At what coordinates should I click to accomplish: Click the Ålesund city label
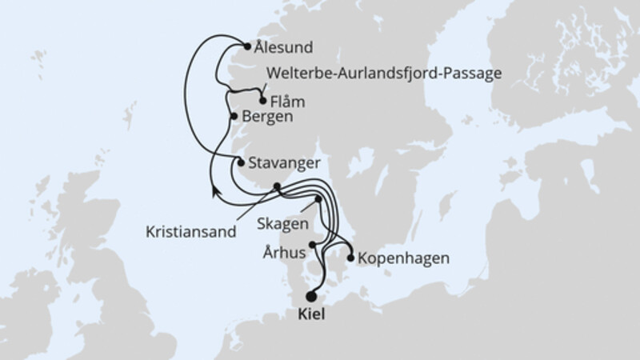[x=285, y=47]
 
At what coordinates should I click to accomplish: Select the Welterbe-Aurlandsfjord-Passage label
[x=381, y=74]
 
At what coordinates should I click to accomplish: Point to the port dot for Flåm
[x=263, y=101]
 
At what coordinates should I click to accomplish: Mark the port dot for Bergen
[x=234, y=117]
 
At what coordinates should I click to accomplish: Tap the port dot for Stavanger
[x=241, y=162]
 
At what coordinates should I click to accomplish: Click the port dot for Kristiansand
[x=277, y=187]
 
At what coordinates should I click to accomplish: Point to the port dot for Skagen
[x=318, y=200]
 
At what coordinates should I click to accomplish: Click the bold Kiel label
[x=310, y=314]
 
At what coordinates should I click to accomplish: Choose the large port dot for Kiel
[x=311, y=294]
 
